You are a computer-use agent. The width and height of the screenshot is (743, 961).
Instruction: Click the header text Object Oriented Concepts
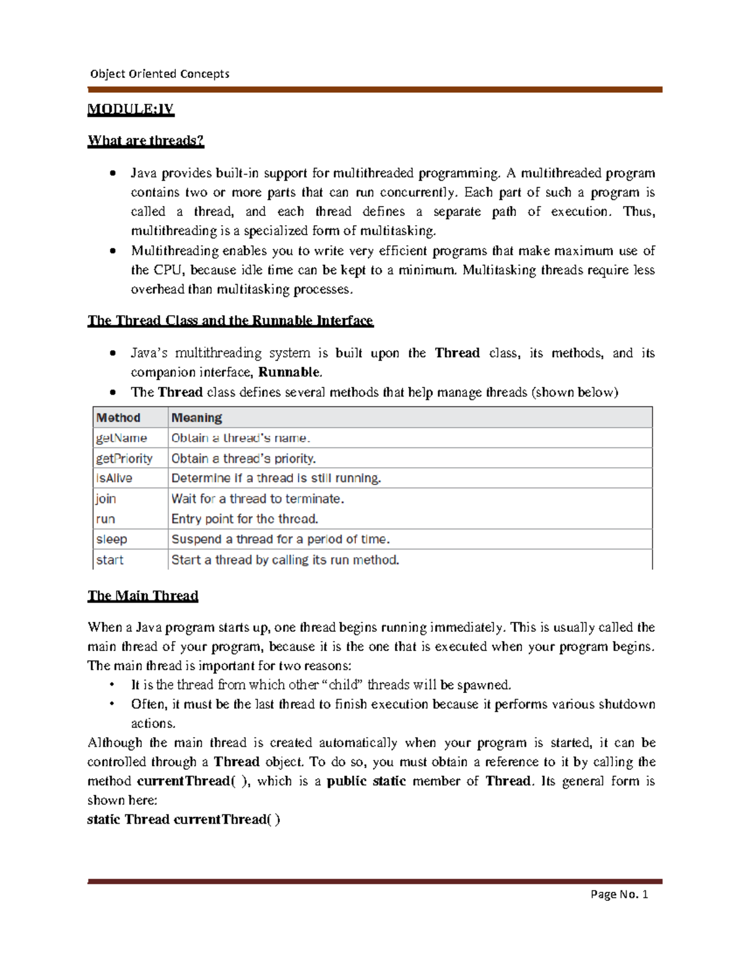tap(160, 74)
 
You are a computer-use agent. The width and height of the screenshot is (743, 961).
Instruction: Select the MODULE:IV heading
tap(131, 110)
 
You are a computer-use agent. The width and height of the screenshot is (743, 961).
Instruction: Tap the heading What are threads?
tap(146, 140)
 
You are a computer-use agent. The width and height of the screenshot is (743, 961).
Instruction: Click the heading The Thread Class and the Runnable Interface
tap(230, 321)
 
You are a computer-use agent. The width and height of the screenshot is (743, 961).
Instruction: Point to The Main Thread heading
tap(142, 596)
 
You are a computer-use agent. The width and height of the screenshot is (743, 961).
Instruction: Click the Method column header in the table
tap(118, 418)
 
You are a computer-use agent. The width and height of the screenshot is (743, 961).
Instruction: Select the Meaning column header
tap(197, 418)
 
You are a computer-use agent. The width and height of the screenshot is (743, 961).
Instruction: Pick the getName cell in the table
tap(121, 438)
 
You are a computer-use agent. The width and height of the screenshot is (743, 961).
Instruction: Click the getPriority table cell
tap(124, 459)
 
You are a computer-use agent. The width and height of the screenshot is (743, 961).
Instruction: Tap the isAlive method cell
tap(114, 478)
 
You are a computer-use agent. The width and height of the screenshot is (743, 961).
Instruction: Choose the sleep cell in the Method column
tap(111, 539)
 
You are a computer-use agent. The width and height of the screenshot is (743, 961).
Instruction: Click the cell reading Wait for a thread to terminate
tap(258, 499)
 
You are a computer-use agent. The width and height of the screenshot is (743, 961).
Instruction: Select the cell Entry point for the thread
tap(245, 519)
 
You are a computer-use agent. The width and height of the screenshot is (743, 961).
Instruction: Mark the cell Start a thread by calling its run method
tap(285, 560)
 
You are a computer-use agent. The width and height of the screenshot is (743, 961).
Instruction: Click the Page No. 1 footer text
tap(619, 894)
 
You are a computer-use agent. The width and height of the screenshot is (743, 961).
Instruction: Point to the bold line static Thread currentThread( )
tap(184, 819)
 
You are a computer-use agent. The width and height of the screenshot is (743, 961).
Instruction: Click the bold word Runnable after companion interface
tap(289, 373)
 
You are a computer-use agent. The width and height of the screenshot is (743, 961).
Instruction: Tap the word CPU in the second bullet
tap(168, 270)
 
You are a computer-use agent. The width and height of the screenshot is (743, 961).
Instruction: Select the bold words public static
tap(366, 781)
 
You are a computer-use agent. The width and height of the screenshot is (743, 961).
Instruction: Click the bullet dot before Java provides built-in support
tap(113, 173)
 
